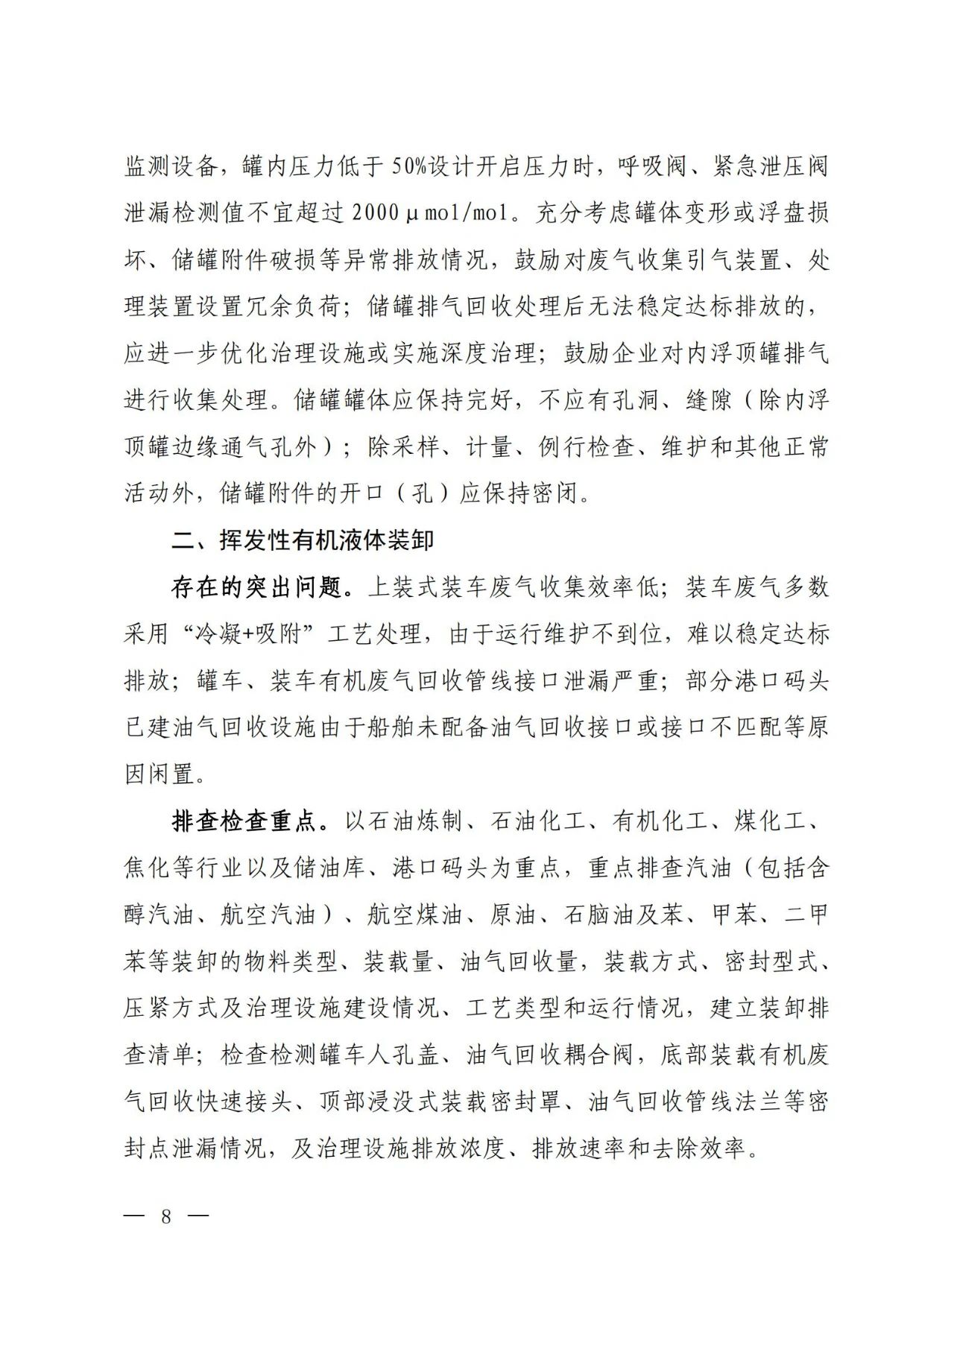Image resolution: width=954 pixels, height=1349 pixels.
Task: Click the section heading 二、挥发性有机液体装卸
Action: click(302, 540)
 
